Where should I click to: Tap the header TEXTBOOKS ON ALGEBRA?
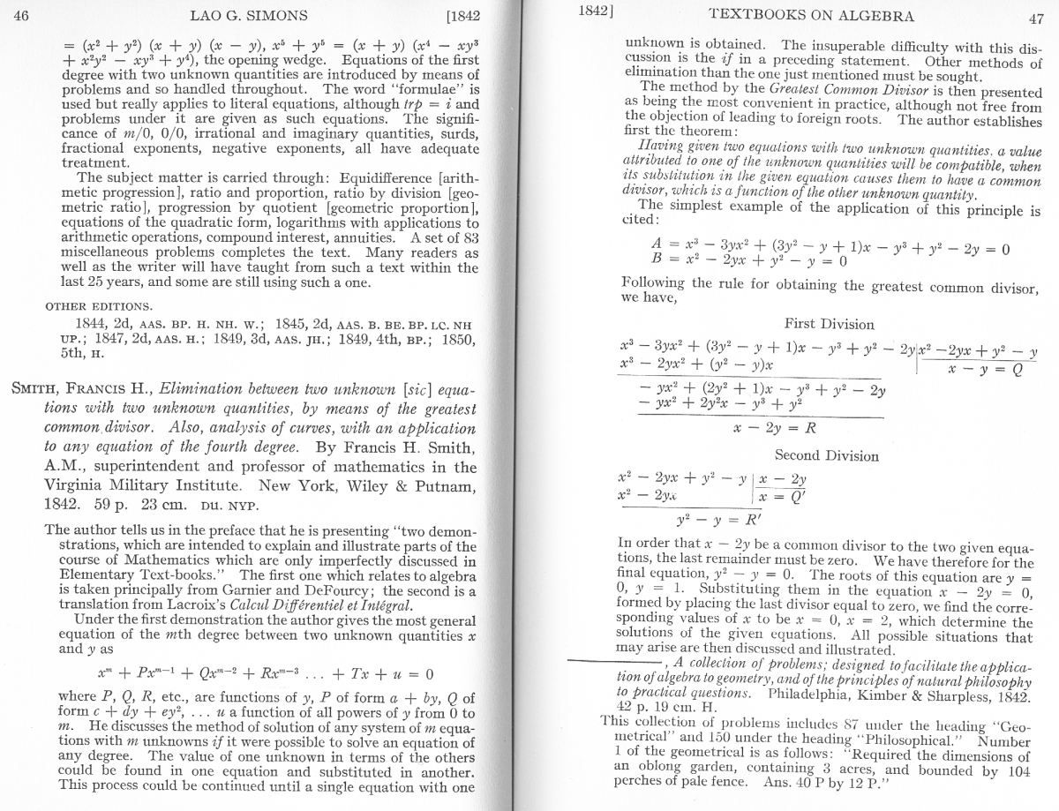pyautogui.click(x=811, y=15)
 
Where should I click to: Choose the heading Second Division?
pyautogui.click(x=826, y=455)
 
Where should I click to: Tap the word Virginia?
pyautogui.click(x=83, y=484)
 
